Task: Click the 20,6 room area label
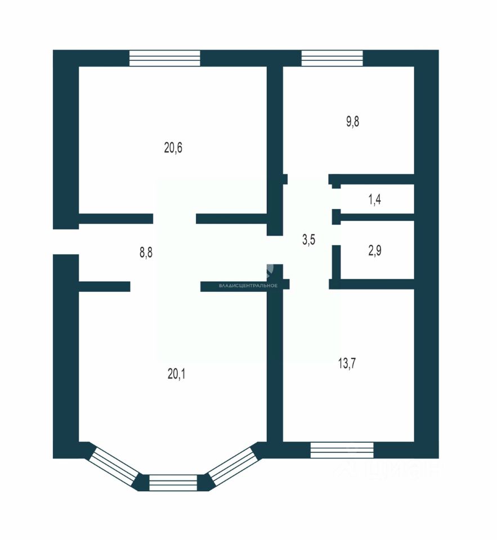coord(173,148)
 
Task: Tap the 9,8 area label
coord(353,121)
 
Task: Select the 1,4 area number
coord(375,199)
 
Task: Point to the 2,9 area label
coord(375,250)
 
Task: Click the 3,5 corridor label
coord(308,240)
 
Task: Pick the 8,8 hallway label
coord(146,253)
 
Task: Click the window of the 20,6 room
coord(164,58)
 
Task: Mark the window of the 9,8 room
coord(332,58)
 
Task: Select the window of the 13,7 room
coord(342,449)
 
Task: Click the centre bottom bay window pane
coord(173,483)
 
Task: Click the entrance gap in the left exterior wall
coord(65,242)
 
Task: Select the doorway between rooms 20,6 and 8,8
coord(174,219)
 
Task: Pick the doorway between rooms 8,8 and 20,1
coord(165,286)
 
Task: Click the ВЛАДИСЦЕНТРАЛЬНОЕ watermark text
coord(248,286)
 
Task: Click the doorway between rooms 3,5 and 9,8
coord(308,179)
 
